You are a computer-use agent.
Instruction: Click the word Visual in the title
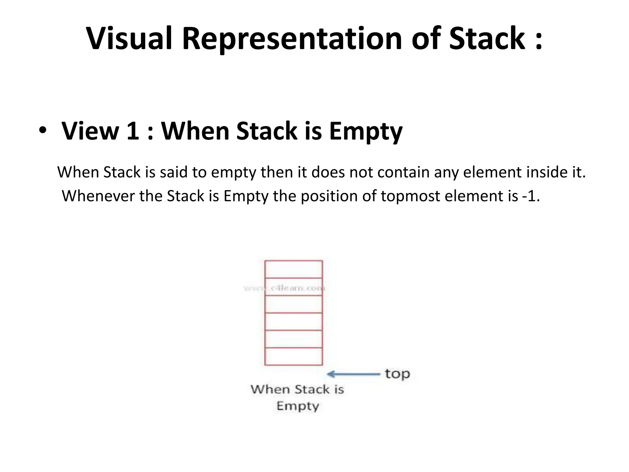coord(129,39)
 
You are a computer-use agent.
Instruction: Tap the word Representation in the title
coord(292,39)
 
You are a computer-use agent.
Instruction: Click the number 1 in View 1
coord(133,131)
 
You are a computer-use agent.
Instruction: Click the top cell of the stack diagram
coord(293,269)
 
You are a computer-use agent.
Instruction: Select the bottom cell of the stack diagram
coord(293,356)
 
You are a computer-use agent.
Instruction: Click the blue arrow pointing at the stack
coord(353,374)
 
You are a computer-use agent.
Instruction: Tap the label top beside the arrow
coord(397,374)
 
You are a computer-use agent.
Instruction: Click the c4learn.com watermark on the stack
coord(284,288)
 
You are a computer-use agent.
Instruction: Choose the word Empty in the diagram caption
coord(298,406)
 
